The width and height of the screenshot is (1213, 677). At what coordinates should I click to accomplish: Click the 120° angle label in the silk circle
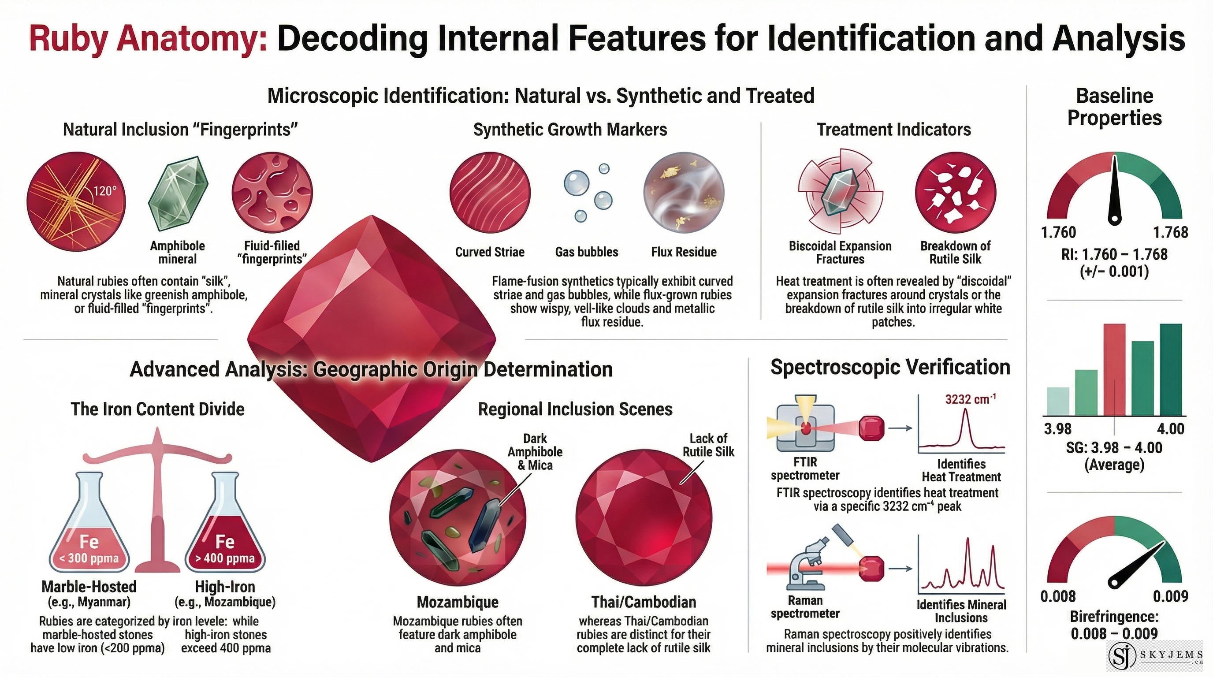pyautogui.click(x=104, y=191)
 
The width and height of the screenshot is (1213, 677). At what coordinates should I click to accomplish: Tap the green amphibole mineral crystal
pyautogui.click(x=178, y=193)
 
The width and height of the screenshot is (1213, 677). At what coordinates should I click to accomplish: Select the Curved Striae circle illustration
pyautogui.click(x=490, y=193)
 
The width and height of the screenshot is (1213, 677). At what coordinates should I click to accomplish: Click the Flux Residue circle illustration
pyautogui.click(x=684, y=193)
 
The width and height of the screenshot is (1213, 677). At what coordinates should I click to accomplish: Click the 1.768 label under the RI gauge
pyautogui.click(x=1170, y=232)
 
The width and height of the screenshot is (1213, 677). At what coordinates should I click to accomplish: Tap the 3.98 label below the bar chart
pyautogui.click(x=1057, y=429)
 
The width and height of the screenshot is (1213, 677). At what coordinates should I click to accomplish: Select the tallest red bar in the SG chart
pyautogui.click(x=1114, y=369)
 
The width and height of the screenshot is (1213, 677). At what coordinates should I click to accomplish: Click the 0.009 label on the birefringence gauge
pyautogui.click(x=1170, y=596)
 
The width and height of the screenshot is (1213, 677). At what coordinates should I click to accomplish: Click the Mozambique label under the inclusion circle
pyautogui.click(x=457, y=602)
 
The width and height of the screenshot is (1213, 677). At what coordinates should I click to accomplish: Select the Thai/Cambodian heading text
pyautogui.click(x=644, y=602)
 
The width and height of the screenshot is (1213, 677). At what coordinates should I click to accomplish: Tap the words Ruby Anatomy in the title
pyautogui.click(x=148, y=39)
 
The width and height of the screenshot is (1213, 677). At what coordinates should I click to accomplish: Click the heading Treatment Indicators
pyautogui.click(x=893, y=130)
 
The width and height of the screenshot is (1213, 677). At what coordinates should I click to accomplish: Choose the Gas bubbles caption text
pyautogui.click(x=586, y=252)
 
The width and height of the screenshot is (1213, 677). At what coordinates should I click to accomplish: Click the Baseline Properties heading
pyautogui.click(x=1115, y=107)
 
